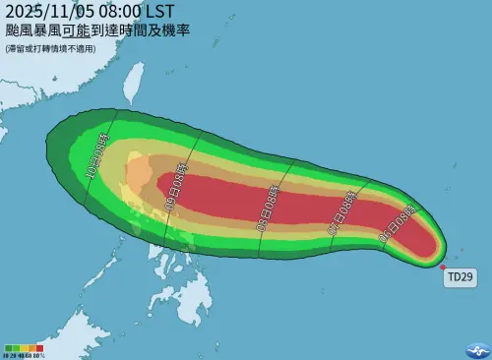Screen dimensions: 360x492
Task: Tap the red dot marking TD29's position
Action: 444,266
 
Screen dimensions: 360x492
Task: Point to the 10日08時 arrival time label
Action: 101,160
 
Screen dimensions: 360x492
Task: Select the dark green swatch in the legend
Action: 8,347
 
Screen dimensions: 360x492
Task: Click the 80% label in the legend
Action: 37,354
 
